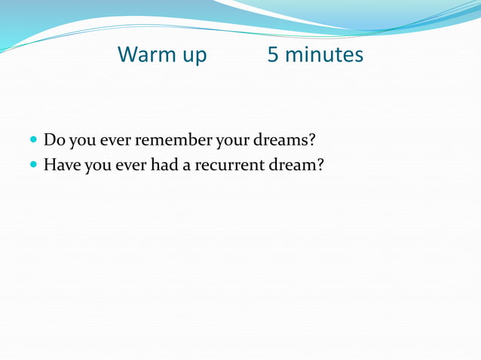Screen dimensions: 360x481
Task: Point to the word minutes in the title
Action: pos(325,55)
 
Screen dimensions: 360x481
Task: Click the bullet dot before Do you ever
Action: pos(34,141)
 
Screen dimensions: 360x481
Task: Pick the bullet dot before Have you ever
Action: pos(34,164)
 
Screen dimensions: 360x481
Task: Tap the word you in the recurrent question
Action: pos(97,165)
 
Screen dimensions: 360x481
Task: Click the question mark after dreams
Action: pos(310,140)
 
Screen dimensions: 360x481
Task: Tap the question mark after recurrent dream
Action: pos(320,163)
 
